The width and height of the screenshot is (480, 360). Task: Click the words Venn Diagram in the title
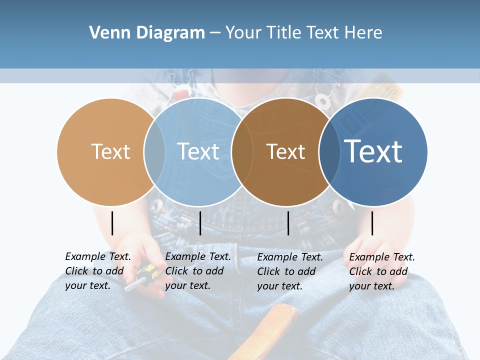point(147,33)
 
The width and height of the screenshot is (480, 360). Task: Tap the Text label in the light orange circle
point(110,151)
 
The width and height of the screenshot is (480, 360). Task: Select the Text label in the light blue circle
point(198,151)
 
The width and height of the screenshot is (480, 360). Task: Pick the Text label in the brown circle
point(285,151)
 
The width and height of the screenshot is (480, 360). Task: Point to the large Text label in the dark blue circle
point(373,151)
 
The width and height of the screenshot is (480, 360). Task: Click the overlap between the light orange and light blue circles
point(154,151)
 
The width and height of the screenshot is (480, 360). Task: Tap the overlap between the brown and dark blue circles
point(329,151)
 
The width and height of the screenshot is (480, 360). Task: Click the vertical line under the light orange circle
point(112,223)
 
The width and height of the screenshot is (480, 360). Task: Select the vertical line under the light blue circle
point(200,223)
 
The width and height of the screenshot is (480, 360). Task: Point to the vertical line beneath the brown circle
point(288,223)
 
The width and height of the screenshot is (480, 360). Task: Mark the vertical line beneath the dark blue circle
point(372,223)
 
